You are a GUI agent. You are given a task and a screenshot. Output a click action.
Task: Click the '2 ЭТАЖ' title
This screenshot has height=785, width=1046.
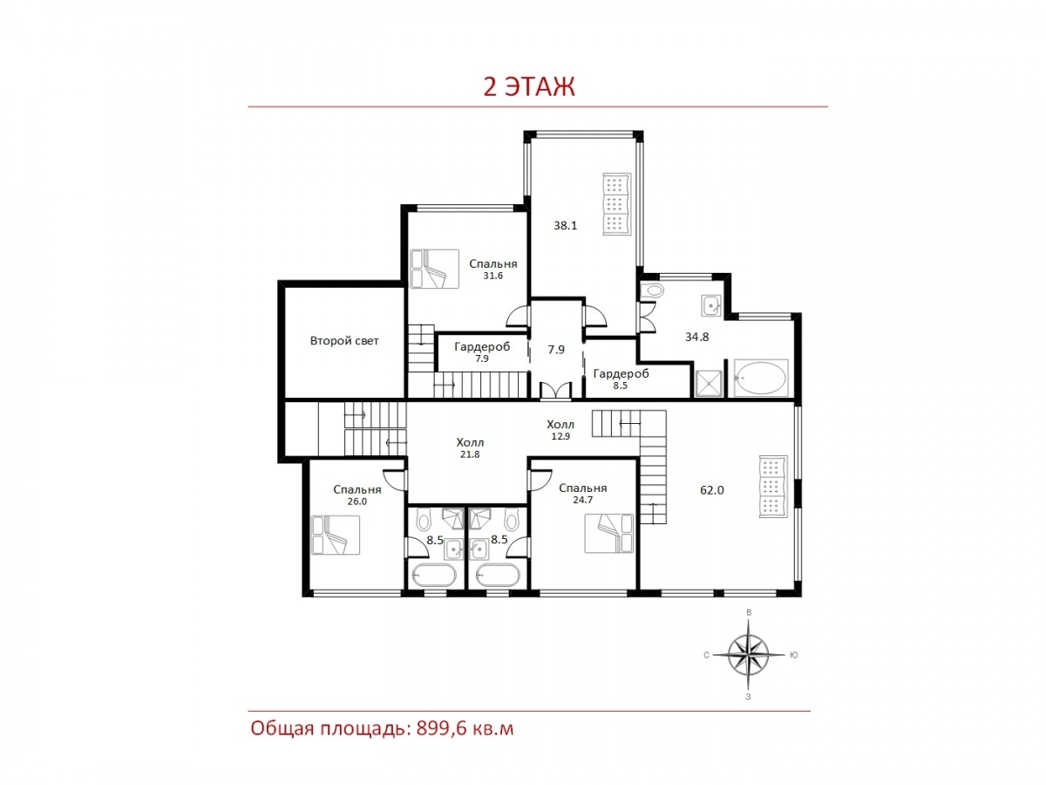[529, 86]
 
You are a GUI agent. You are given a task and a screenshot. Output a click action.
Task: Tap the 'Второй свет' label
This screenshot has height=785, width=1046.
[344, 341]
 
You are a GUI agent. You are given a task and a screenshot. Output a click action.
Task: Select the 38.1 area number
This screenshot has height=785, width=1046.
[565, 225]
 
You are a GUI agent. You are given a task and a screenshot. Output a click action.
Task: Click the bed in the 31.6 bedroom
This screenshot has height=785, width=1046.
[434, 269]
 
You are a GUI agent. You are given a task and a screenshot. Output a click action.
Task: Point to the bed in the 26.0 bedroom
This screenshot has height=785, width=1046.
[335, 535]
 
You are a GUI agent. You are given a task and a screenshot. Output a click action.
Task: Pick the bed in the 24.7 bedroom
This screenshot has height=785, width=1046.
[609, 533]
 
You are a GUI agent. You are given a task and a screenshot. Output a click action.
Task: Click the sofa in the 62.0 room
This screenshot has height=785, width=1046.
[772, 486]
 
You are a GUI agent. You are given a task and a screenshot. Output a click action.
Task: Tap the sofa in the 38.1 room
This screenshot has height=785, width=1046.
[616, 204]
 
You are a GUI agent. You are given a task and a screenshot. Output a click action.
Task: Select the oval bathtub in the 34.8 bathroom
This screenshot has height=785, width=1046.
[761, 378]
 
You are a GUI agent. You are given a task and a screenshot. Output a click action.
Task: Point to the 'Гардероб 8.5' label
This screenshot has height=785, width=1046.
[621, 379]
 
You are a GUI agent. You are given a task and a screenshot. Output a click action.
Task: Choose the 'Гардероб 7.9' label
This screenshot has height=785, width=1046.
[482, 352]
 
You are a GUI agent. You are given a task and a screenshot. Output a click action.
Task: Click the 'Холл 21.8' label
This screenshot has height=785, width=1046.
[470, 448]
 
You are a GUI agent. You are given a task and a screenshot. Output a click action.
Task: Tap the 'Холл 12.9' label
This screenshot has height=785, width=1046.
[560, 429]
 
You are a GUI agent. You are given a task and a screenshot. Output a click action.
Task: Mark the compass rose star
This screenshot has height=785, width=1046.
[748, 655]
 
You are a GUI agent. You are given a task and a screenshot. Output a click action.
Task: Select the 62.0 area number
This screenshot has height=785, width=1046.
[712, 490]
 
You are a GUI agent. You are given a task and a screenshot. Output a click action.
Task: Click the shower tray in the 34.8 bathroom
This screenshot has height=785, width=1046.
[709, 383]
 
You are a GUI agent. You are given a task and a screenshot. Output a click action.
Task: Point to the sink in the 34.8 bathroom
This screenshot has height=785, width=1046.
[711, 305]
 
